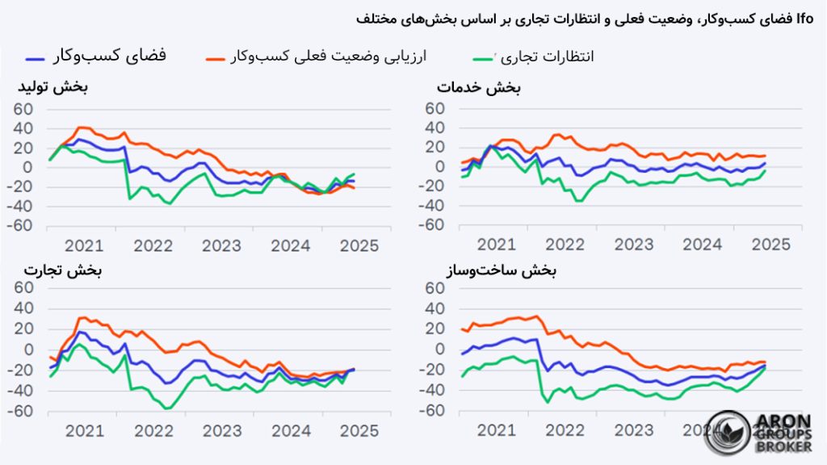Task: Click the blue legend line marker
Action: coord(35,59)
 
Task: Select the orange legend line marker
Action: coord(215,59)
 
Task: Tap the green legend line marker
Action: coord(483,59)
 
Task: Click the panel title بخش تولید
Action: coord(53,87)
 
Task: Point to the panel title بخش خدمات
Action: coord(478,88)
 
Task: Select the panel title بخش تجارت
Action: coord(63,270)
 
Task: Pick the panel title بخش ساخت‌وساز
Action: coord(501,271)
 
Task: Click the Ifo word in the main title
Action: coord(805,19)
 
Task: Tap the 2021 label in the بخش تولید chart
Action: coord(84,245)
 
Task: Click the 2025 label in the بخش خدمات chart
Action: coord(771,245)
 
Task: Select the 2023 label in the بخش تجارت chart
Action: coord(222,431)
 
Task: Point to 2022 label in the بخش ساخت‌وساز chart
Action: coord(565,430)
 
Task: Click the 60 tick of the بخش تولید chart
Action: coord(23,110)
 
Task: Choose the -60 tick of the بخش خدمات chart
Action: coord(431,225)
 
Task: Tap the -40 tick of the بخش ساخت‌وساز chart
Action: coord(431,391)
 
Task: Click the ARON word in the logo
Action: coord(784,421)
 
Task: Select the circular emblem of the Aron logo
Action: coord(728,434)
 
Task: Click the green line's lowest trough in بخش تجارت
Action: coord(168,408)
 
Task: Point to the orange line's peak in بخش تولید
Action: coord(81,127)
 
